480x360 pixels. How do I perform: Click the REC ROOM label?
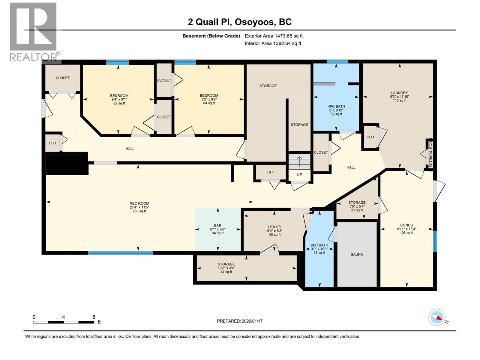(x=139, y=203)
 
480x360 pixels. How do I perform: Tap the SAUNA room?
(x=357, y=254)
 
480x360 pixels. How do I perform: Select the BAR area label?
(x=218, y=225)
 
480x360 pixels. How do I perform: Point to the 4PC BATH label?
(x=336, y=106)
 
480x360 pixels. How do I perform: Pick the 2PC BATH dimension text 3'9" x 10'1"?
(x=319, y=249)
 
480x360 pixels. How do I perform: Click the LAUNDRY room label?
(x=399, y=93)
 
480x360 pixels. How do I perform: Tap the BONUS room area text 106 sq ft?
(x=406, y=233)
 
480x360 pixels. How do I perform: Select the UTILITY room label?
(x=274, y=227)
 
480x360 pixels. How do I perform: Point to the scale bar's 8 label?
(x=94, y=317)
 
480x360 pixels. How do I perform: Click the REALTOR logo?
(x=33, y=31)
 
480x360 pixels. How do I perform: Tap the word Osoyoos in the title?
(x=254, y=22)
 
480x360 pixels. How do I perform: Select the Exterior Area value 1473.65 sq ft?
(x=289, y=36)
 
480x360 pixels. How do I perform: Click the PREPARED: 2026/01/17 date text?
(x=240, y=321)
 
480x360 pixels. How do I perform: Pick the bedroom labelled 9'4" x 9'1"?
(x=119, y=99)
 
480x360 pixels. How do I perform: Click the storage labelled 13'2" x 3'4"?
(x=226, y=268)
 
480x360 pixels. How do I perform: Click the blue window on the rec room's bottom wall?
(x=121, y=253)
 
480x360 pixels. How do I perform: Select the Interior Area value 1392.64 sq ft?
(x=287, y=43)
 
